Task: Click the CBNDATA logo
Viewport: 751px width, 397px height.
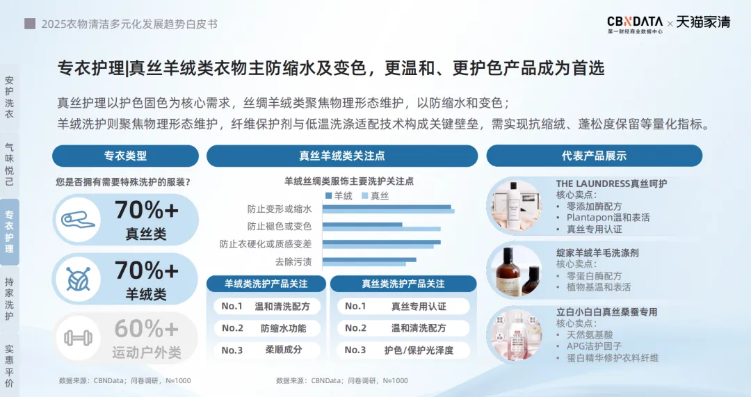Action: (x=635, y=24)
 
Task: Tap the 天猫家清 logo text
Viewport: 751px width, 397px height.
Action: (x=703, y=22)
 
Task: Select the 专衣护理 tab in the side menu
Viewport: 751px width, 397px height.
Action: (x=9, y=232)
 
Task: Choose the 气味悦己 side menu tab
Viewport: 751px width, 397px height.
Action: (x=9, y=164)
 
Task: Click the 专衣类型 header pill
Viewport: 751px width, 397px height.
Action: (x=125, y=156)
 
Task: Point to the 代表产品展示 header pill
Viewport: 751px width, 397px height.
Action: (x=595, y=156)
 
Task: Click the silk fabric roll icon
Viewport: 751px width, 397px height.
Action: (x=78, y=220)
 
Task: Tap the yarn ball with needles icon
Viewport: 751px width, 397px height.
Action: (x=78, y=279)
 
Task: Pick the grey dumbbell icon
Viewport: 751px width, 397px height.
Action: (x=78, y=338)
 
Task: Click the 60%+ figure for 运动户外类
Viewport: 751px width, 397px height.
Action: (x=147, y=329)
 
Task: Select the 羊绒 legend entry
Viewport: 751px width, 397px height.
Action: (x=339, y=195)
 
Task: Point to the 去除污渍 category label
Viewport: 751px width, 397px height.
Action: (x=293, y=261)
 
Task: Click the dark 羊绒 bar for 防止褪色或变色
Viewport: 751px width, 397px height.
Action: (x=362, y=224)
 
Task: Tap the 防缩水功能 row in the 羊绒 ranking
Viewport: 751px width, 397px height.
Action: (x=266, y=328)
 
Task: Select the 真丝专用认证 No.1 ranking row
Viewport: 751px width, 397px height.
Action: (x=403, y=306)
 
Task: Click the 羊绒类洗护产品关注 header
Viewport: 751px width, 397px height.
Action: (x=266, y=284)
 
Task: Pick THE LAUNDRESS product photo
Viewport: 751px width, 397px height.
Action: (x=515, y=206)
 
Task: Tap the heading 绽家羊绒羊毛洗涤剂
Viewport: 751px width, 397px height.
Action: (x=597, y=252)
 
